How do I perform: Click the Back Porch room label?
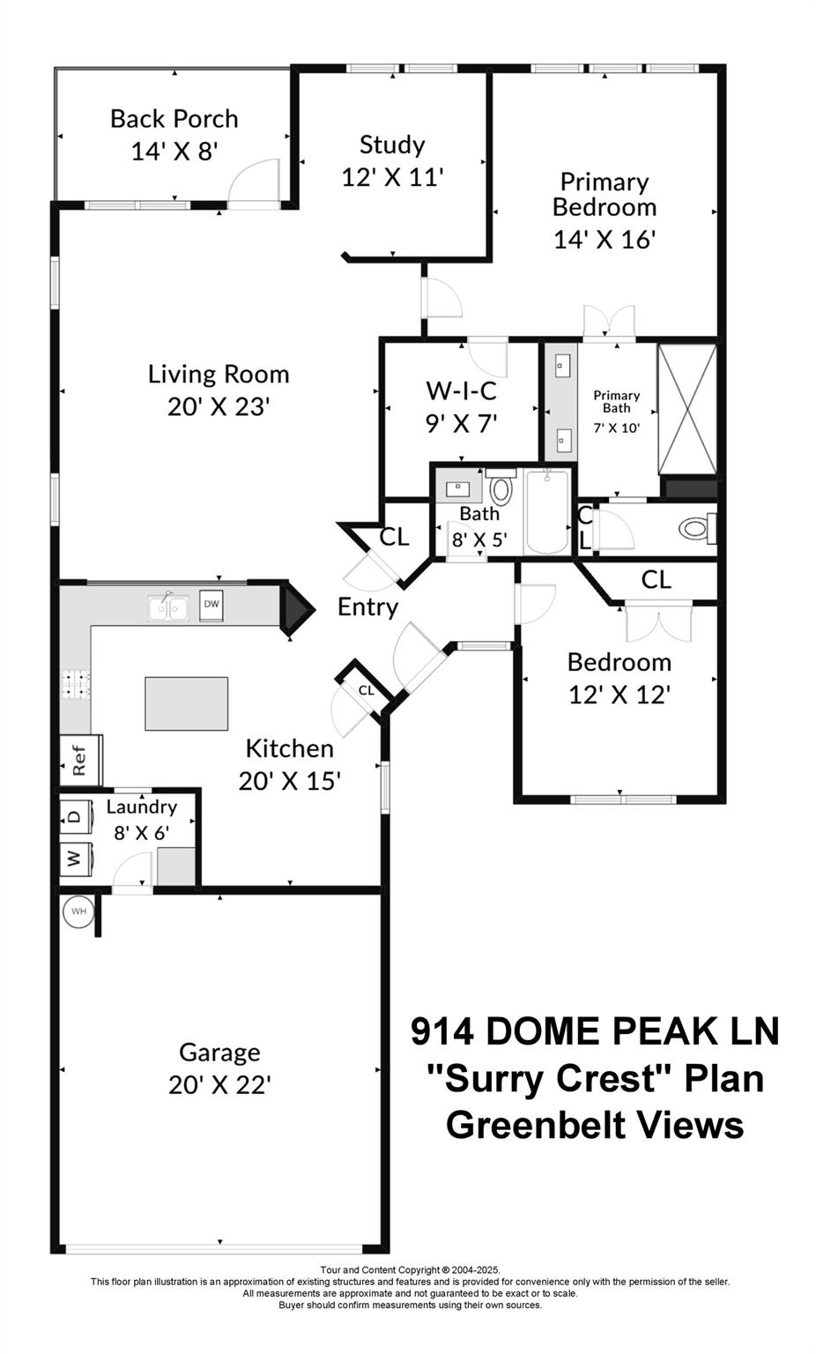pyautogui.click(x=174, y=119)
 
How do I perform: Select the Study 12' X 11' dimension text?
pyautogui.click(x=392, y=177)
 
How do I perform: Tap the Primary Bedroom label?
pyautogui.click(x=605, y=194)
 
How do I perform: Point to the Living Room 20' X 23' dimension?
pyautogui.click(x=218, y=406)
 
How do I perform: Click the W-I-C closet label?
pyautogui.click(x=461, y=390)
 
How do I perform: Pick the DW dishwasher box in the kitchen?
pyautogui.click(x=211, y=605)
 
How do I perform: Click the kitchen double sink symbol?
pyautogui.click(x=168, y=607)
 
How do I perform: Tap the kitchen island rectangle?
pyautogui.click(x=186, y=703)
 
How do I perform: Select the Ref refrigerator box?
pyautogui.click(x=79, y=760)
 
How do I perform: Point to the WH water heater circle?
pyautogui.click(x=78, y=911)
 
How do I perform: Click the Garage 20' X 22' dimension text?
pyautogui.click(x=219, y=1084)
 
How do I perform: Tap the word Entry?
pyautogui.click(x=367, y=607)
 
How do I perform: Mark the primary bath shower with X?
pyautogui.click(x=687, y=409)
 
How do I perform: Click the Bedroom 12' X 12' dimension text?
pyautogui.click(x=619, y=695)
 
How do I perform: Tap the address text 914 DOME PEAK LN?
pyautogui.click(x=595, y=1030)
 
